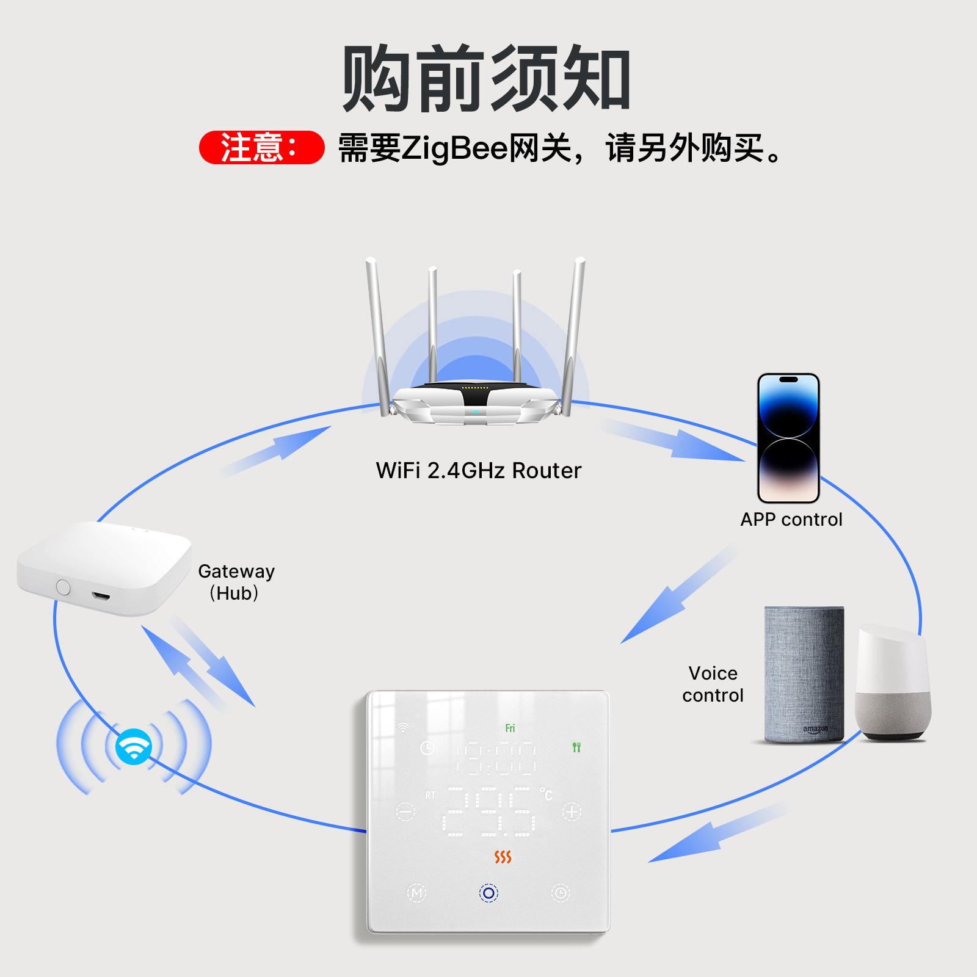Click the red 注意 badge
point(261,148)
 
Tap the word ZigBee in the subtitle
point(454,148)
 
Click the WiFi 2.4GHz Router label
point(479,471)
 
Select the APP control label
point(791,520)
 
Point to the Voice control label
point(713,685)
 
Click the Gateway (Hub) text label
point(236,582)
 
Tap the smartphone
point(788,438)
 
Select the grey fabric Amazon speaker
point(804,674)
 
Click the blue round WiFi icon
point(134,746)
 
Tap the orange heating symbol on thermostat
point(503,857)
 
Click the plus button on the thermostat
point(572,812)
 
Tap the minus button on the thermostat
point(405,812)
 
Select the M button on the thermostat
point(416,893)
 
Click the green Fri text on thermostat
point(510,728)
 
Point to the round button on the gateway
point(64,587)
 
